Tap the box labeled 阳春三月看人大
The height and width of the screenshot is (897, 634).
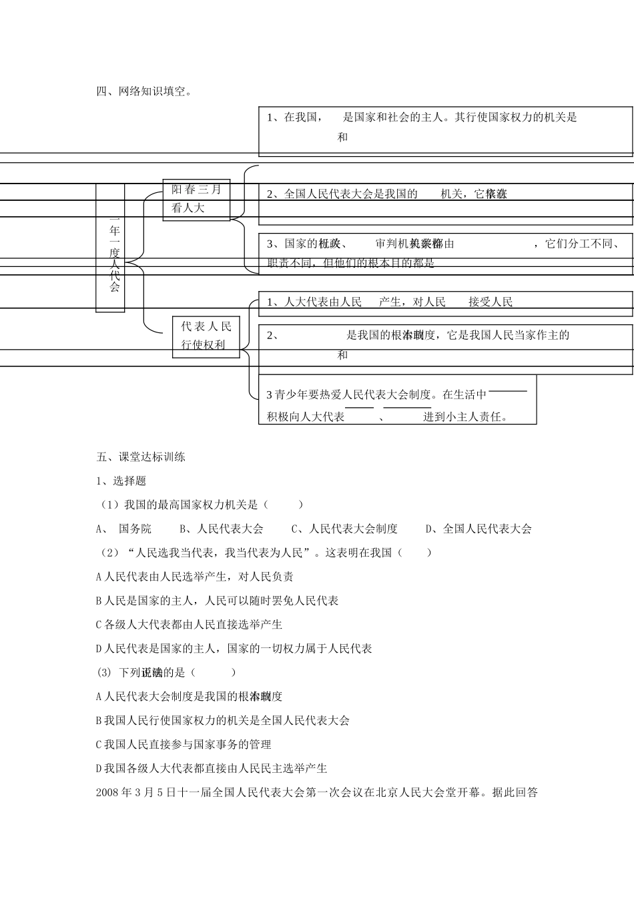point(196,199)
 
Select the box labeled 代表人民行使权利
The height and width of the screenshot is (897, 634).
point(206,336)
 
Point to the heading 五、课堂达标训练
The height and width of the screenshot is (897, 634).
point(141,457)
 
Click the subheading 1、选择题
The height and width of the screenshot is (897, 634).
point(121,481)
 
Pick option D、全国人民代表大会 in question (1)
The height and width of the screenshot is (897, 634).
point(479,529)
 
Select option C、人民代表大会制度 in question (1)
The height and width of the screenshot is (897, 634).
point(344,529)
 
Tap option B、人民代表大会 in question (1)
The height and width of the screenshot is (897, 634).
point(222,529)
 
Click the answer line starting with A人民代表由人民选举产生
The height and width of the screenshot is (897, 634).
point(195,577)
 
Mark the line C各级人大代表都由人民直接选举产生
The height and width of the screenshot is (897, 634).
point(190,625)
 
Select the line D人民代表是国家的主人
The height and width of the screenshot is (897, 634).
point(234,649)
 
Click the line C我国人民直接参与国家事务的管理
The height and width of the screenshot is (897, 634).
point(184,745)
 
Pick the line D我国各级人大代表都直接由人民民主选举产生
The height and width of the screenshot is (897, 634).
point(212,769)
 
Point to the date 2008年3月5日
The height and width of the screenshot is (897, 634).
point(133,793)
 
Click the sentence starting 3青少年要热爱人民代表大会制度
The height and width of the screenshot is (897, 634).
point(349,395)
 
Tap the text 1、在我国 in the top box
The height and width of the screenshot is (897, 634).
point(292,117)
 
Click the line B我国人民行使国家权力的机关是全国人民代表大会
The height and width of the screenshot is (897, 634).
point(223,721)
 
